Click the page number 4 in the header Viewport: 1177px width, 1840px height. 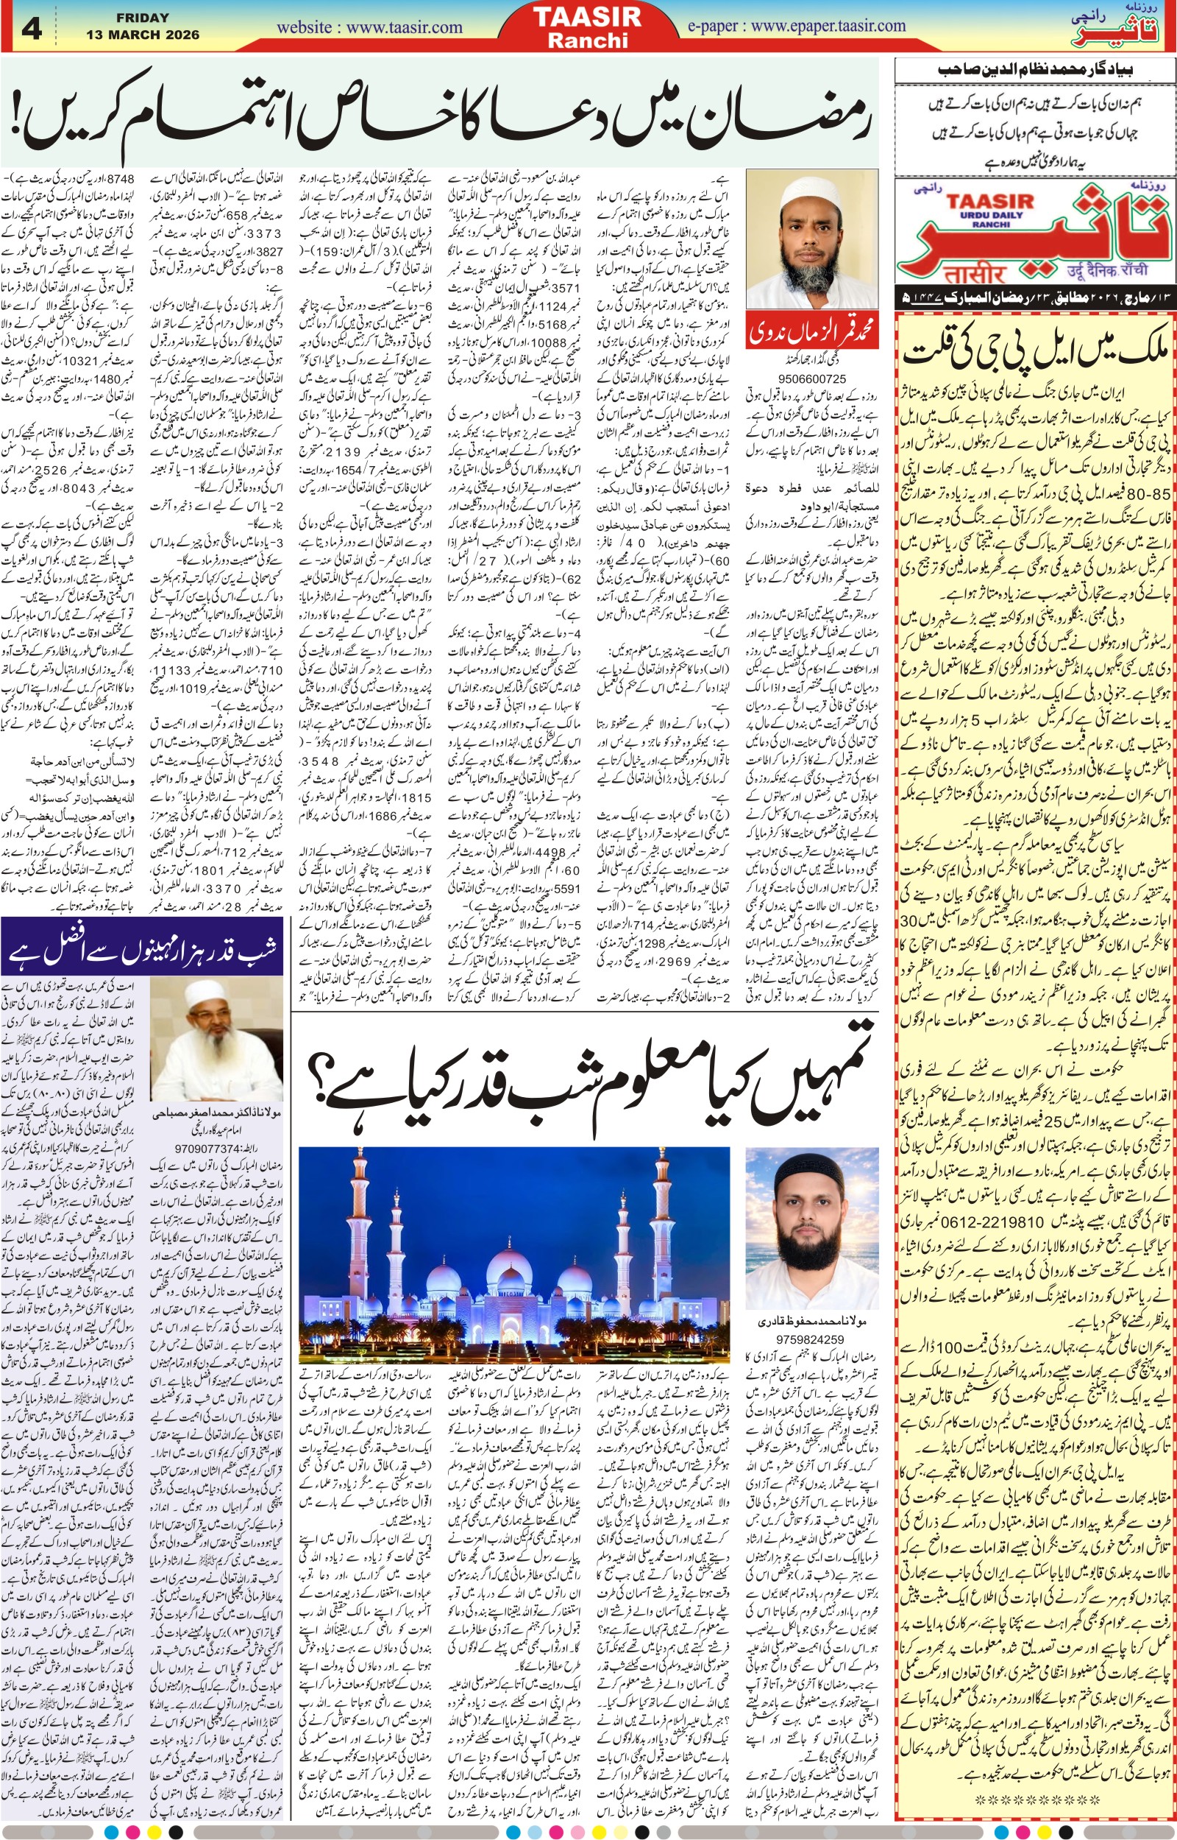coord(32,29)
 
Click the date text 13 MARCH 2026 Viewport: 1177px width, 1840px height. coord(143,35)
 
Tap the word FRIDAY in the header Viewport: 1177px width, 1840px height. coord(143,18)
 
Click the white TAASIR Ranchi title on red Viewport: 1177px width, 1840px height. coord(587,27)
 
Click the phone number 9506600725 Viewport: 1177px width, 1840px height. coord(811,378)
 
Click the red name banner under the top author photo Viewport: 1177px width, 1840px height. coord(811,331)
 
